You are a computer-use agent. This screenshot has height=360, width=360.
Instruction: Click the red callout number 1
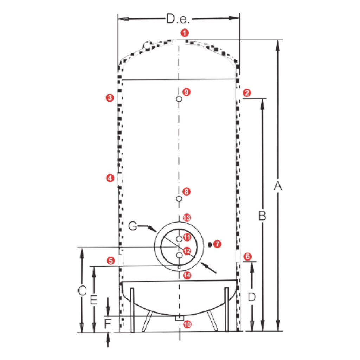(x=185, y=33)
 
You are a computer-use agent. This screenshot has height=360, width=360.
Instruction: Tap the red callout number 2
(x=247, y=93)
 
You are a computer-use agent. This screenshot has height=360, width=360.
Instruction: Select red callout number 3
(x=110, y=98)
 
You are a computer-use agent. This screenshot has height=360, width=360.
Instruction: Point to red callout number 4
(x=110, y=178)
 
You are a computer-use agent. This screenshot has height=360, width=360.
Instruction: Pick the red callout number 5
(x=111, y=261)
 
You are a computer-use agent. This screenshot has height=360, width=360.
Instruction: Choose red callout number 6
(x=247, y=256)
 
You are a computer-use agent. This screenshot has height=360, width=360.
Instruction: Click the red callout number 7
(x=217, y=244)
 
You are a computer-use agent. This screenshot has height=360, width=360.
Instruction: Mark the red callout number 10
(x=187, y=324)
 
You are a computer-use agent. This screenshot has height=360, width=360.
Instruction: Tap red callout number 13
(x=187, y=218)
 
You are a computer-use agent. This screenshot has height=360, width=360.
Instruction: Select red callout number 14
(x=187, y=275)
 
